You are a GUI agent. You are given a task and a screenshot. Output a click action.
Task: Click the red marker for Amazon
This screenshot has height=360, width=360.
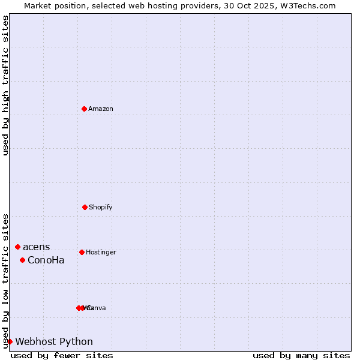(84, 109)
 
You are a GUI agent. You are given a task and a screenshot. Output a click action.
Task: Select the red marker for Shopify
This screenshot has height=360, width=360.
(85, 207)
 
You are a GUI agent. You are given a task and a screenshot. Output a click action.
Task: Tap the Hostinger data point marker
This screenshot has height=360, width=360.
(82, 252)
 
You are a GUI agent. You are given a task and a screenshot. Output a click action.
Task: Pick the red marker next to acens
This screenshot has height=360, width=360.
(17, 247)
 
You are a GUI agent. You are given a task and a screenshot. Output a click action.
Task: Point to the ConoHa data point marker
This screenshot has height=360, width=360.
(22, 260)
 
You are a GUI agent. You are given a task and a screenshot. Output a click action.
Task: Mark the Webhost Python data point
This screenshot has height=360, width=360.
(10, 341)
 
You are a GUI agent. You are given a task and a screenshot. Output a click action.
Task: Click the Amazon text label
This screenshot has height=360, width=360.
(101, 109)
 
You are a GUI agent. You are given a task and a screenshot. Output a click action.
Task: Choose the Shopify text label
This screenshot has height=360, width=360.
(101, 207)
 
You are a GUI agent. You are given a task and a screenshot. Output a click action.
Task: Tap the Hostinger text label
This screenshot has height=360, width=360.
(101, 252)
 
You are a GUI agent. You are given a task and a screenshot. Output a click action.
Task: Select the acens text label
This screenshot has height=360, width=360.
(37, 247)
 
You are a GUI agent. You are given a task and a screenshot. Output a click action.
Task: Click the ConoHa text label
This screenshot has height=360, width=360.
(46, 260)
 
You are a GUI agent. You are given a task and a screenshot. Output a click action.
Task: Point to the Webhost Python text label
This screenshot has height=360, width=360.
(54, 342)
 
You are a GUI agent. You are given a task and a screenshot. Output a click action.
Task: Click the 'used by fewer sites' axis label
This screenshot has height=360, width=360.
(62, 356)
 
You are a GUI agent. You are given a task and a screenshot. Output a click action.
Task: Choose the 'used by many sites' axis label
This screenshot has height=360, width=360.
(301, 356)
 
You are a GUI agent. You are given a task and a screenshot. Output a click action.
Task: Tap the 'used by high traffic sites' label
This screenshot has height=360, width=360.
(5, 85)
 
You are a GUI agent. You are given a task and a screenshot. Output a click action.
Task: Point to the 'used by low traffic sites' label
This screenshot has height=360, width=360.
(5, 280)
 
